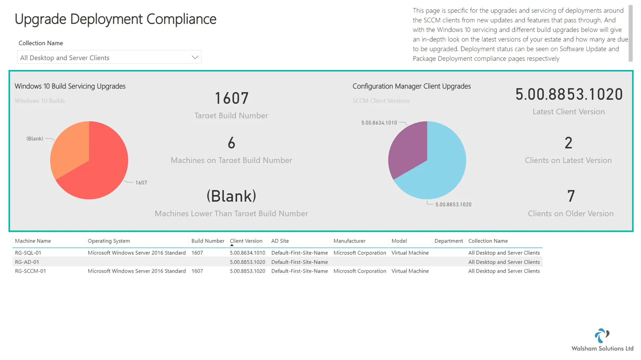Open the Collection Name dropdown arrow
pyautogui.click(x=195, y=57)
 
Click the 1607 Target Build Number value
pyautogui.click(x=231, y=99)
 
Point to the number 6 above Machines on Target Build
pyautogui.click(x=231, y=143)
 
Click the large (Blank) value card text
pyautogui.click(x=231, y=196)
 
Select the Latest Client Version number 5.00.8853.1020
pyautogui.click(x=569, y=95)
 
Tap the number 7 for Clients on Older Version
pyautogui.click(x=571, y=196)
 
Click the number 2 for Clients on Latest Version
pyautogui.click(x=568, y=143)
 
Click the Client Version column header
pyautogui.click(x=246, y=241)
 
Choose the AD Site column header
pyautogui.click(x=280, y=241)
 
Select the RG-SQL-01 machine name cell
pyautogui.click(x=28, y=253)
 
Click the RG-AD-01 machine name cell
pyautogui.click(x=27, y=262)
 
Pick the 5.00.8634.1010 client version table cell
pyautogui.click(x=247, y=253)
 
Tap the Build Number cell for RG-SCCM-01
pyautogui.click(x=197, y=271)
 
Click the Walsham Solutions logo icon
pyautogui.click(x=602, y=336)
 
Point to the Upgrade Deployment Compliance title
pyautogui.click(x=116, y=19)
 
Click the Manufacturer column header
pyautogui.click(x=349, y=241)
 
